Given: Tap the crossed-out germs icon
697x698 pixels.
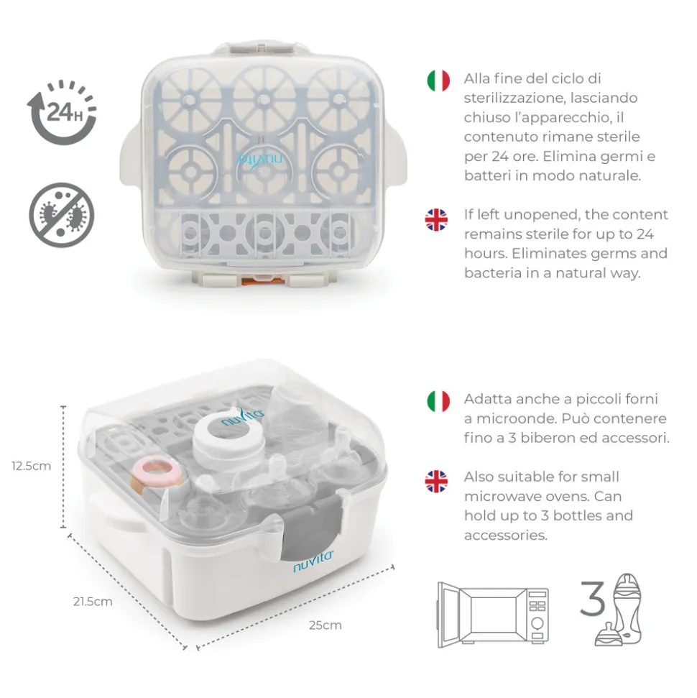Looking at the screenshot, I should pyautogui.click(x=61, y=215).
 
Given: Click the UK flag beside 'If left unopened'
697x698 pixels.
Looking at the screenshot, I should pyautogui.click(x=436, y=219).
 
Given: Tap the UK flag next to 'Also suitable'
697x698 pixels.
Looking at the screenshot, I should pyautogui.click(x=436, y=481).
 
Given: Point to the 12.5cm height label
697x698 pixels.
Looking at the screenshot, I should pyautogui.click(x=31, y=466).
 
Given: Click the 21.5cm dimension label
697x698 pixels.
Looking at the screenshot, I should pyautogui.click(x=93, y=602).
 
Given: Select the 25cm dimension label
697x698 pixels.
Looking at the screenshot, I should pyautogui.click(x=326, y=625).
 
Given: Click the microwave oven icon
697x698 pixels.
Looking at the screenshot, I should pyautogui.click(x=493, y=610).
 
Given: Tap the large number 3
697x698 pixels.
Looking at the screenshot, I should pyautogui.click(x=592, y=600).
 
